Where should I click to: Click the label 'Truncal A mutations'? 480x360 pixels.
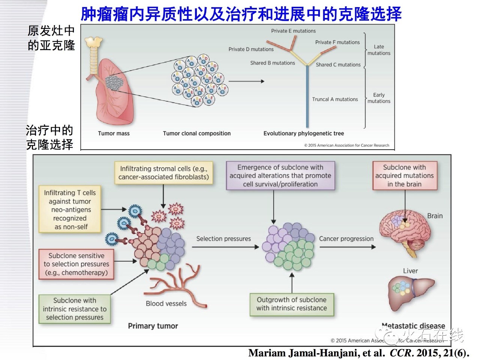coord(335,99)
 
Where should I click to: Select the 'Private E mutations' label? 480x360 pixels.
coord(293,31)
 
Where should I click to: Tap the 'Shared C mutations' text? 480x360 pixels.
coord(338,65)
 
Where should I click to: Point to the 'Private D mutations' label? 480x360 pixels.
coord(251,49)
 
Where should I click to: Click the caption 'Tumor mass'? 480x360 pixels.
coord(114,133)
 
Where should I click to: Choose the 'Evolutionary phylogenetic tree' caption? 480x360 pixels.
coord(303,133)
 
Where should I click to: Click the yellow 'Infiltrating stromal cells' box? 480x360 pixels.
coord(163,173)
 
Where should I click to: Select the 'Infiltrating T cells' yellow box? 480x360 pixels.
coord(70,210)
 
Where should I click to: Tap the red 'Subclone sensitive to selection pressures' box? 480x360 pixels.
coord(76,264)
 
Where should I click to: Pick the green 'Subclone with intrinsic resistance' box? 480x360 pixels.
coord(75,309)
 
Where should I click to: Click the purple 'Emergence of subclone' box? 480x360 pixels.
coord(280,175)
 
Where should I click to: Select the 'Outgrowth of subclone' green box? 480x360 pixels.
coord(291,304)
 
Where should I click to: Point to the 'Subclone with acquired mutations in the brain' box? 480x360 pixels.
coord(404,175)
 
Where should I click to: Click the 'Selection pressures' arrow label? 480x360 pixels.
coord(223,239)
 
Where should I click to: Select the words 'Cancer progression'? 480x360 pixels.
coord(346,239)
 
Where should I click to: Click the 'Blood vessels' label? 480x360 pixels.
coord(166,304)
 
